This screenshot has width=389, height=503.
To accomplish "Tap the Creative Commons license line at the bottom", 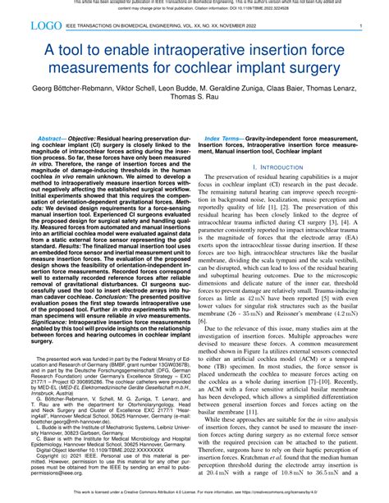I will [x=194, y=496].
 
